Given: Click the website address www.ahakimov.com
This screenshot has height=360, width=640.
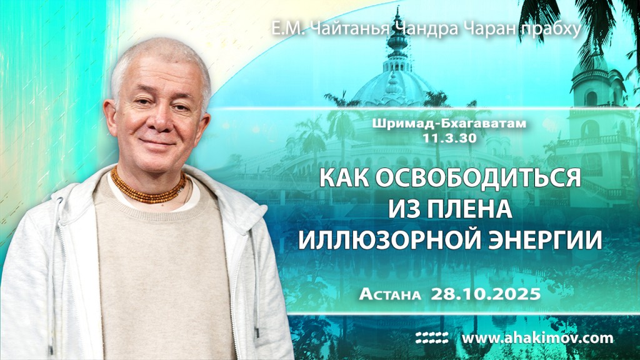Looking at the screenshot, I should point(537,338).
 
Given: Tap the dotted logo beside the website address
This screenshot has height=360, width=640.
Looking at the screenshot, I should point(432,338).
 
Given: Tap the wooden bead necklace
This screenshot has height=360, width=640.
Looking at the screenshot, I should point(149,187).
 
